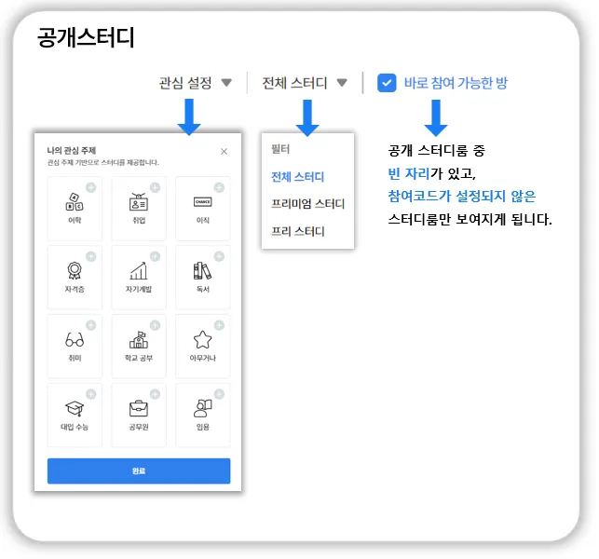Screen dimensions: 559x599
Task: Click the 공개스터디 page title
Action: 87,38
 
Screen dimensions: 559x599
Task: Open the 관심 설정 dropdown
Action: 196,83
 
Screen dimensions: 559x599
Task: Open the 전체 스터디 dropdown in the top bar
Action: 305,83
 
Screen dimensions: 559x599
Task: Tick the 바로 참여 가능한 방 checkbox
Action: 387,83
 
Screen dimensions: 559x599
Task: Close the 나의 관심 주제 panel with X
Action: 224,151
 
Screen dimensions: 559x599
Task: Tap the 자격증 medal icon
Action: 74,270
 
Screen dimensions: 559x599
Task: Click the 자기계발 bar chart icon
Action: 138,270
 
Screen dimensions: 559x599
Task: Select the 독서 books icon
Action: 202,270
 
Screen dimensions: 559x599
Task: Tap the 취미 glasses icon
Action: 74,339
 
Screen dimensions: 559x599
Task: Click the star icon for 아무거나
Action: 202,339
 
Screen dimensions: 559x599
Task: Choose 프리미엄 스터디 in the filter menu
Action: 307,204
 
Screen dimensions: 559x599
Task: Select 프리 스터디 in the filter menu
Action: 297,231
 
